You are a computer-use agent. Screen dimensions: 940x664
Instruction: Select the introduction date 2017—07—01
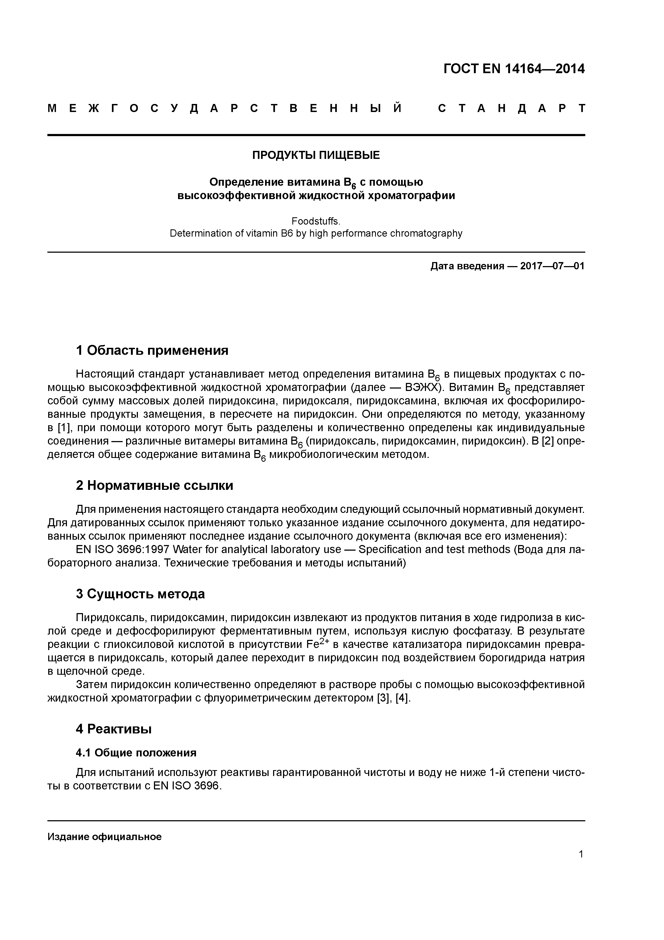pos(552,266)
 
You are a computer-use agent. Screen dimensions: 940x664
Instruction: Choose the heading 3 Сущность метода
pos(140,594)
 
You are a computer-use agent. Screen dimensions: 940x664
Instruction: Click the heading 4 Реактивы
pos(114,729)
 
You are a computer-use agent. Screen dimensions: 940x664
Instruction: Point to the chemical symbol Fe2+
pos(318,644)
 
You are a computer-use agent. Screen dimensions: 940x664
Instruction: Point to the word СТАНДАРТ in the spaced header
pos(511,109)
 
